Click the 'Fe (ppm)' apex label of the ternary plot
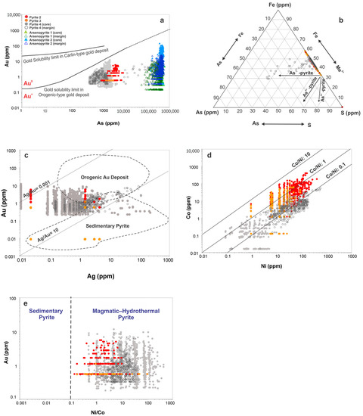coord(271,6)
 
